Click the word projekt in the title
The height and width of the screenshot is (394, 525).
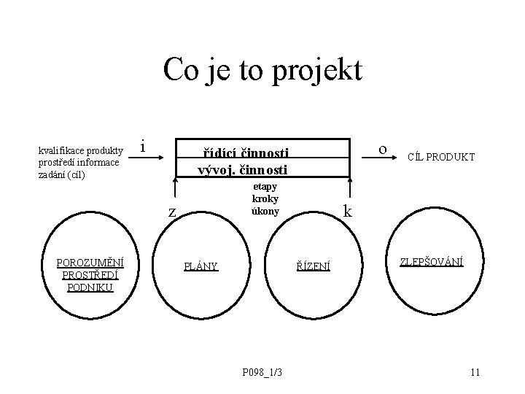(x=322, y=71)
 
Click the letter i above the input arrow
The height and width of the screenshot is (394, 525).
(x=143, y=147)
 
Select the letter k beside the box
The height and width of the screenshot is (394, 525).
(x=348, y=212)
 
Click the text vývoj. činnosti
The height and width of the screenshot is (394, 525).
(x=243, y=170)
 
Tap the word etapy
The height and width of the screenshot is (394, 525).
(x=265, y=187)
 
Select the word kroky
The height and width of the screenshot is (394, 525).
(x=265, y=198)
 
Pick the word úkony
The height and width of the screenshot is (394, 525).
(x=265, y=211)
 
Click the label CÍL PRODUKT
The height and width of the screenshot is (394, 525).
(x=441, y=157)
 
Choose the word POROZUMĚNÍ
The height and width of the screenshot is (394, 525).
(x=90, y=263)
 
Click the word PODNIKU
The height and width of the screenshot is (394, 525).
(x=90, y=287)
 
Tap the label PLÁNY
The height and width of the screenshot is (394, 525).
(x=201, y=266)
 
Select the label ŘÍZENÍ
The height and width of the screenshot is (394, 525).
(x=313, y=266)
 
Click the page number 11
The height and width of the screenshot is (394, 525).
(x=475, y=374)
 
